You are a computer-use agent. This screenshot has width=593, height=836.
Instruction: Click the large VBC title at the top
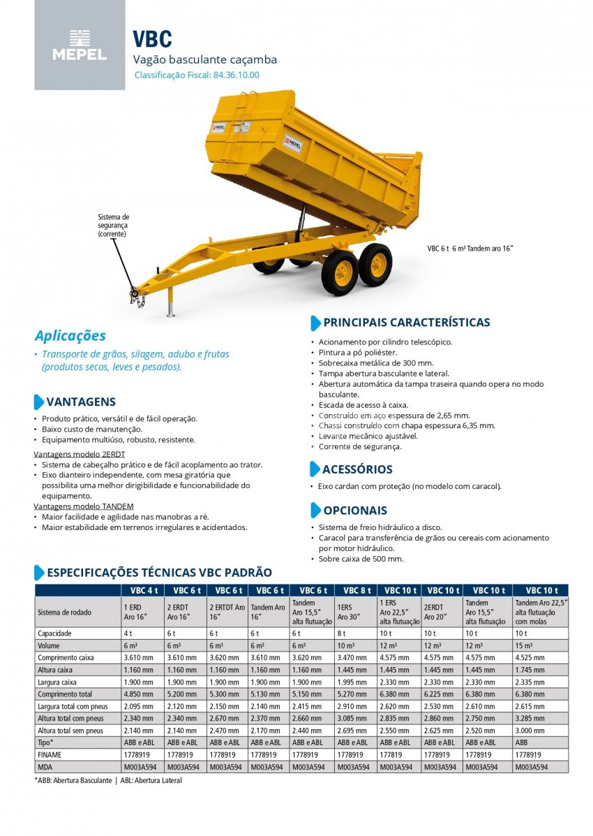click(x=152, y=39)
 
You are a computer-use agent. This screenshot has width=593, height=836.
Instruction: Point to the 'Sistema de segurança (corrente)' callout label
click(x=113, y=226)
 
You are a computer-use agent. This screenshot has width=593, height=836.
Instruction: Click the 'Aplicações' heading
click(x=70, y=335)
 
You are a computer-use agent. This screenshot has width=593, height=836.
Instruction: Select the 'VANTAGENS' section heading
click(x=81, y=402)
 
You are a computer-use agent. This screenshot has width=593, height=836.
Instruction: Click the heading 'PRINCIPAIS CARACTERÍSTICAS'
click(x=406, y=323)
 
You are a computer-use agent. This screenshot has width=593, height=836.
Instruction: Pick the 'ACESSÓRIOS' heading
click(x=357, y=469)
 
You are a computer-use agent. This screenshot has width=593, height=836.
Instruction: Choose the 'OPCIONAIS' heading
click(x=354, y=511)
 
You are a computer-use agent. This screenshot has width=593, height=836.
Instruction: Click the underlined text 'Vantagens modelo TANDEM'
click(x=84, y=506)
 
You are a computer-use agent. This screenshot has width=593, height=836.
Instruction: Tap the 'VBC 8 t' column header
click(x=356, y=590)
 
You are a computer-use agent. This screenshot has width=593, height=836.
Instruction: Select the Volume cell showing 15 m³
click(x=523, y=645)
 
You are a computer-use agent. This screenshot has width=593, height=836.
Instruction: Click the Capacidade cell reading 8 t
click(x=342, y=633)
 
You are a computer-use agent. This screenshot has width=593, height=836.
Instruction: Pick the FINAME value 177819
click(x=391, y=755)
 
